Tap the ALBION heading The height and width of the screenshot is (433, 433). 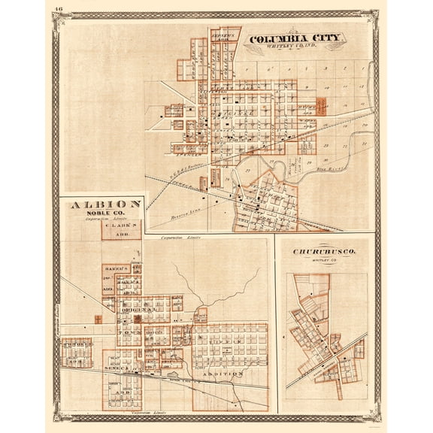point(105,204)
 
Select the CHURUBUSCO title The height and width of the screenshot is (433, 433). point(326,253)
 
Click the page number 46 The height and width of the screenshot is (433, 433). point(59,10)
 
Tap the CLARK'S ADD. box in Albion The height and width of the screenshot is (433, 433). point(122,228)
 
